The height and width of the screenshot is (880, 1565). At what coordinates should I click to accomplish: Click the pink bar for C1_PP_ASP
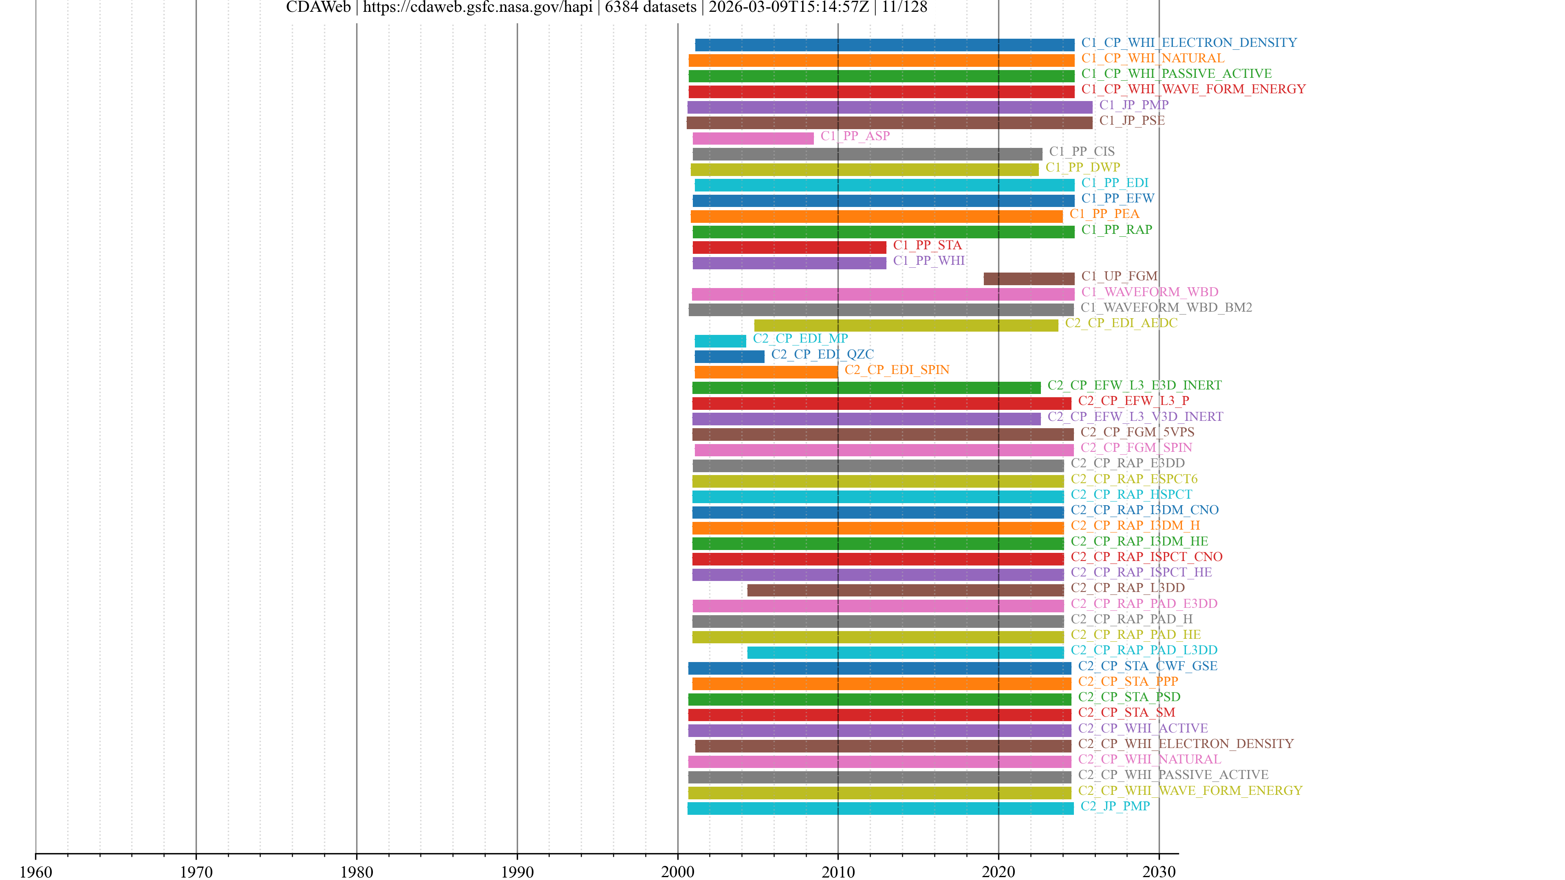pyautogui.click(x=753, y=139)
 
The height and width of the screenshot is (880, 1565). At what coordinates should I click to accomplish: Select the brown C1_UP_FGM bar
pyautogui.click(x=1029, y=279)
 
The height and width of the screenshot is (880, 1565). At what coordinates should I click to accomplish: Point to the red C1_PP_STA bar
pyautogui.click(x=789, y=248)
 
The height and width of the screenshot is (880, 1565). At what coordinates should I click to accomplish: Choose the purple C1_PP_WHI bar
pyautogui.click(x=789, y=263)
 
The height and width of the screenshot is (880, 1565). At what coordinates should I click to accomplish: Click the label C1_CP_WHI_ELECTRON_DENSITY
pyautogui.click(x=1188, y=42)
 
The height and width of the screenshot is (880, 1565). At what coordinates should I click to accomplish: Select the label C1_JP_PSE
pyautogui.click(x=1131, y=120)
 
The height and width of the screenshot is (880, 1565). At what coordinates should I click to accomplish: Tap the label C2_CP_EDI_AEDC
pyautogui.click(x=1120, y=323)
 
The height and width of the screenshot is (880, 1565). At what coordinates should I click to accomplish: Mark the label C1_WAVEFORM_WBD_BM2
pyautogui.click(x=1166, y=307)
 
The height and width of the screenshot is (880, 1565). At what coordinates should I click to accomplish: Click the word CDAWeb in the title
pyautogui.click(x=318, y=7)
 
